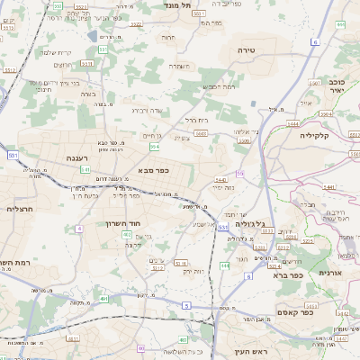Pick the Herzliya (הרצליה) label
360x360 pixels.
[19, 209]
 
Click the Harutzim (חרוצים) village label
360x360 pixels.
[63, 65]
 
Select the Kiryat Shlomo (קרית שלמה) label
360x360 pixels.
[82, 53]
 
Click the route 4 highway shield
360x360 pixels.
[78, 229]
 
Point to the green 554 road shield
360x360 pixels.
[155, 144]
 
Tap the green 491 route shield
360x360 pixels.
[104, 299]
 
